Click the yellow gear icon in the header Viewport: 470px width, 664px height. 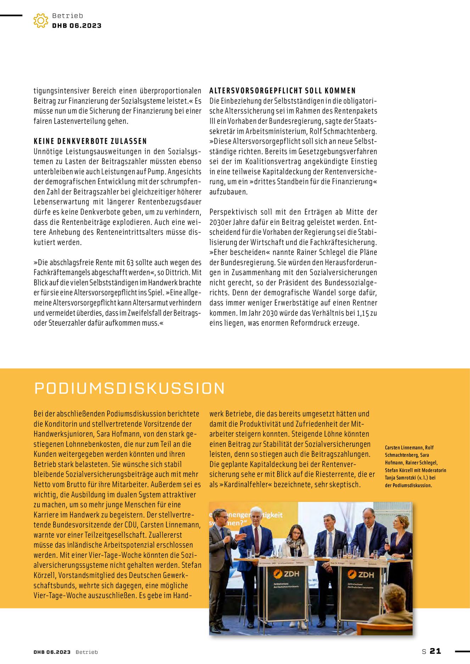click(x=41, y=21)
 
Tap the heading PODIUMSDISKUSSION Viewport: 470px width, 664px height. click(x=129, y=388)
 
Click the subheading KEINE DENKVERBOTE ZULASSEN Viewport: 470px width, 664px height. click(x=90, y=141)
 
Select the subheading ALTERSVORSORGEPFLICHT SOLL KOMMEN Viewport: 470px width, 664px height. click(x=282, y=91)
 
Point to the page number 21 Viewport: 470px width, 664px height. click(x=435, y=651)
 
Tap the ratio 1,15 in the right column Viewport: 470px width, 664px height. click(x=362, y=313)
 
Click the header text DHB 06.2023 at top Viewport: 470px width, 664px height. click(x=77, y=25)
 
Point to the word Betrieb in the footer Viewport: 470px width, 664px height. click(x=86, y=652)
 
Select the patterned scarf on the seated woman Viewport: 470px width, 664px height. click(x=295, y=542)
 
